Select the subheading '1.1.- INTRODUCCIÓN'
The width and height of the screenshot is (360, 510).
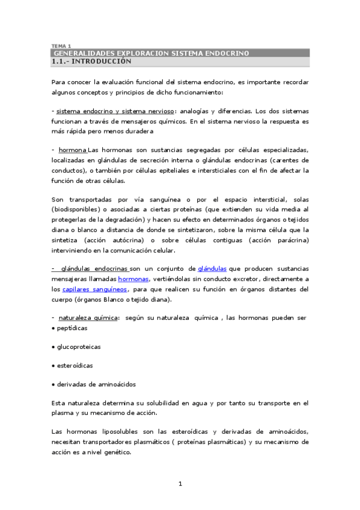[91, 61]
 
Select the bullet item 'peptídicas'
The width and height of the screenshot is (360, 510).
[72, 328]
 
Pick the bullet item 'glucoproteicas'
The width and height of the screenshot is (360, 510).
[78, 347]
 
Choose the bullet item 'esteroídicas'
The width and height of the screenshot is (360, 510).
[75, 365]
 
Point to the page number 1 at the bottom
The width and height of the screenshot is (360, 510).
[180, 483]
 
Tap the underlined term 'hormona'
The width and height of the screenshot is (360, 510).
[73, 149]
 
